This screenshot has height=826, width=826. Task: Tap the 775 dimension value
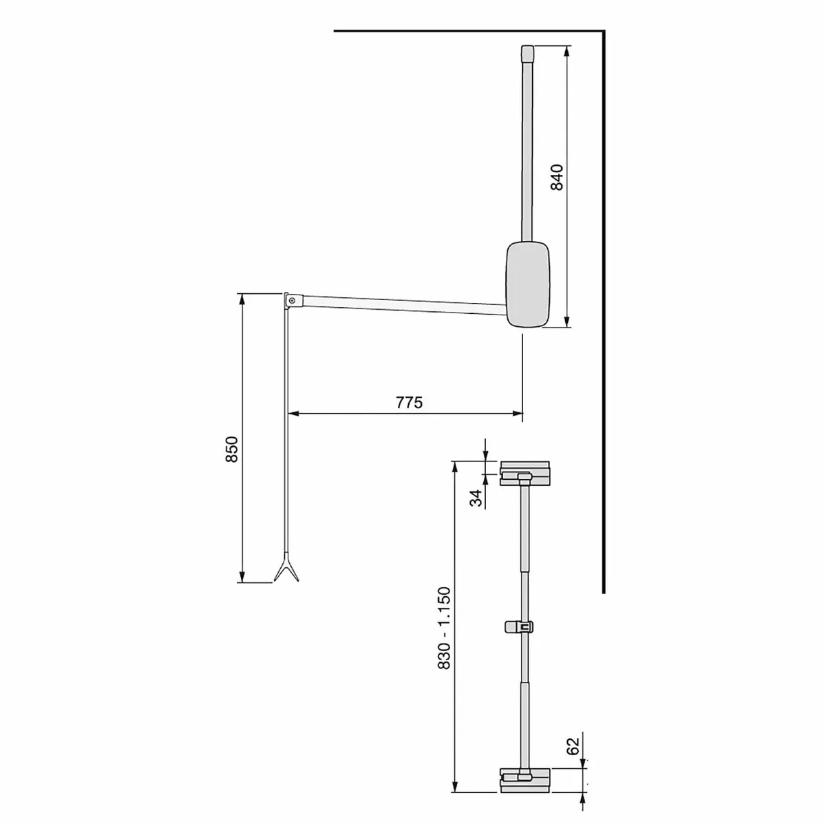pyautogui.click(x=409, y=403)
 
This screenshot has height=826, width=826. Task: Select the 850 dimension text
pyautogui.click(x=231, y=449)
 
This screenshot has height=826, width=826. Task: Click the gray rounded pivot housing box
pyautogui.click(x=528, y=284)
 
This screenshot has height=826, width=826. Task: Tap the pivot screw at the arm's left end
pyautogui.click(x=293, y=300)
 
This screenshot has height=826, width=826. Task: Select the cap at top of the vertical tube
pyautogui.click(x=527, y=52)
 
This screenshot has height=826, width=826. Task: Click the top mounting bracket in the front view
pyautogui.click(x=525, y=474)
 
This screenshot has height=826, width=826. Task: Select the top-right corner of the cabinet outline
pyautogui.click(x=604, y=31)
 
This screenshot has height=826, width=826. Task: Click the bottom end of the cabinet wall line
pyautogui.click(x=604, y=591)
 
